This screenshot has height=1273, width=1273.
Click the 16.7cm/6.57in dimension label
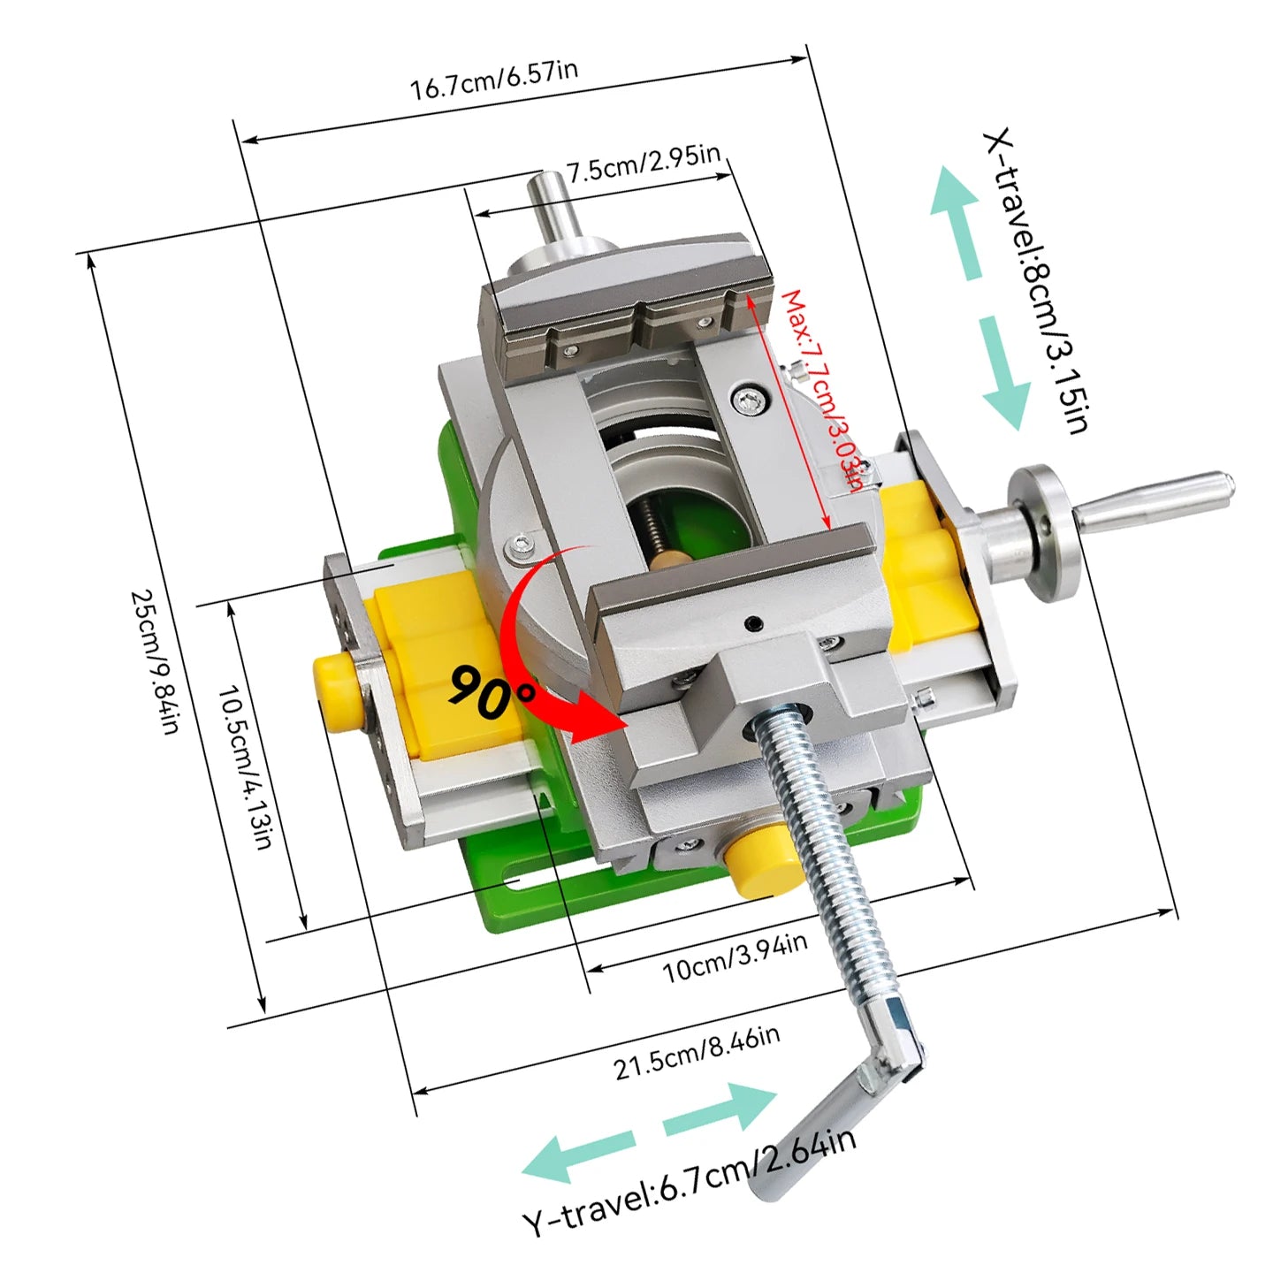493,80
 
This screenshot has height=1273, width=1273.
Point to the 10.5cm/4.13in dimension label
245,767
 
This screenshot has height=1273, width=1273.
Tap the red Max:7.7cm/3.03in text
822,391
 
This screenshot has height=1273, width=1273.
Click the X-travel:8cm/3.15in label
1036,280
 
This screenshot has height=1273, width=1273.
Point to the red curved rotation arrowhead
598,720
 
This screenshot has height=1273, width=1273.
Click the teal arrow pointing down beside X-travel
1004,374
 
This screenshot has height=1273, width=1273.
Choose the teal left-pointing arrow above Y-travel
577,1156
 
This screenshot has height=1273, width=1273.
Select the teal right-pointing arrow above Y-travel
720,1113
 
